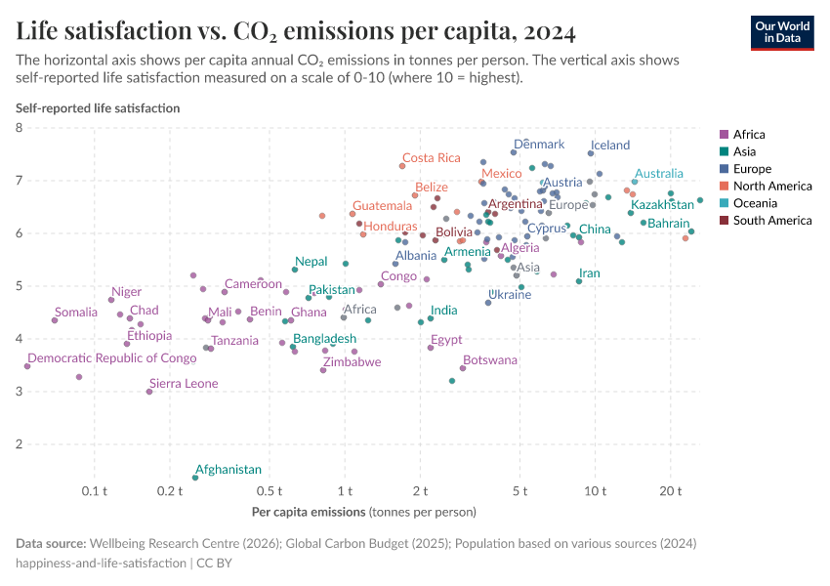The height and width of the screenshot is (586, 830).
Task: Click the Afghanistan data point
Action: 195,478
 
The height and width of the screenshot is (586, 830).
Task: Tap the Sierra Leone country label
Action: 184,384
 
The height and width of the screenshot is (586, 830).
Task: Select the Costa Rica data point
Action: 402,166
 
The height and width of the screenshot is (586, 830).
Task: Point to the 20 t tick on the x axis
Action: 670,490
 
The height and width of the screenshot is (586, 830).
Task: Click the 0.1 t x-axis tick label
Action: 94,490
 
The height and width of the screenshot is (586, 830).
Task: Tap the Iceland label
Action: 610,146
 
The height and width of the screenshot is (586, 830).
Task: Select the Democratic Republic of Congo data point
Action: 27,366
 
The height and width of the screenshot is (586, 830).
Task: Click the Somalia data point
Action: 55,320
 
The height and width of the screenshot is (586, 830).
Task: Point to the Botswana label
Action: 490,360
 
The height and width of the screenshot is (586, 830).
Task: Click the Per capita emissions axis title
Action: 363,512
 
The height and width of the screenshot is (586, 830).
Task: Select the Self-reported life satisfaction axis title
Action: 98,108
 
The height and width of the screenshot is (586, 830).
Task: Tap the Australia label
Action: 659,174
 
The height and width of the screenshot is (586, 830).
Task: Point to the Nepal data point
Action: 295,270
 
